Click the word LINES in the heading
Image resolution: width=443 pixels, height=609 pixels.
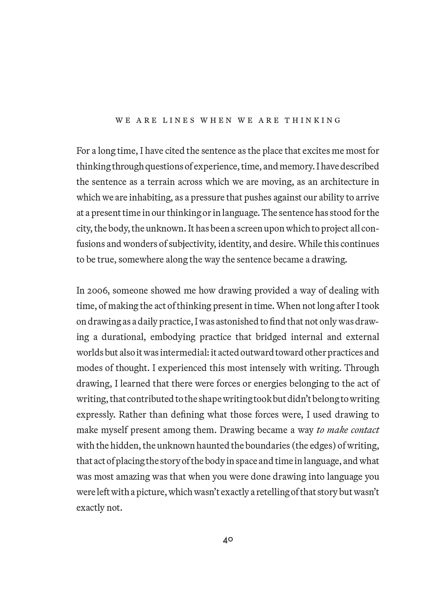179,121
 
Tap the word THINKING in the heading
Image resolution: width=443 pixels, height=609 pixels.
313,121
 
